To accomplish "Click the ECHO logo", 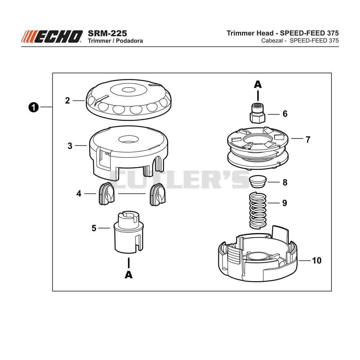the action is [52, 37].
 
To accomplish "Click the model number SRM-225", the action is [107, 33].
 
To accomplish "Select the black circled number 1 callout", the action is [33, 107].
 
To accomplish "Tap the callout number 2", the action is [67, 100].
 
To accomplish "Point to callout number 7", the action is [308, 139].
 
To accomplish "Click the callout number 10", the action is [316, 261].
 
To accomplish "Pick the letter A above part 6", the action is [258, 84].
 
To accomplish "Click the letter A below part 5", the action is [129, 275].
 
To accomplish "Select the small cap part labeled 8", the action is [258, 182].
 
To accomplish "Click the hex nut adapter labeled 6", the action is [258, 113].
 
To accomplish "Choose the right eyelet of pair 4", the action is [157, 194].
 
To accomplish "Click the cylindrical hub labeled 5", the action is [129, 233].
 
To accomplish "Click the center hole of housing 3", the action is [129, 139].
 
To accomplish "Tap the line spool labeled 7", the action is [258, 148].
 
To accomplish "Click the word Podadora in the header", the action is [130, 41].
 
